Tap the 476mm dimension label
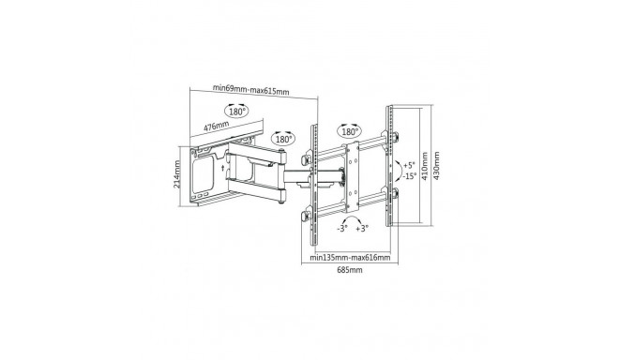pyautogui.click(x=217, y=126)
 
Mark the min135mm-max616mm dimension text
pyautogui.click(x=351, y=255)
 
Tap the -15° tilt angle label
pyautogui.click(x=409, y=175)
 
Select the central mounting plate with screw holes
pyautogui.click(x=351, y=172)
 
